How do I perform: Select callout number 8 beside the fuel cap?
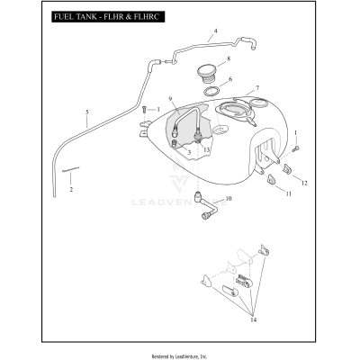click(x=229, y=58)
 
